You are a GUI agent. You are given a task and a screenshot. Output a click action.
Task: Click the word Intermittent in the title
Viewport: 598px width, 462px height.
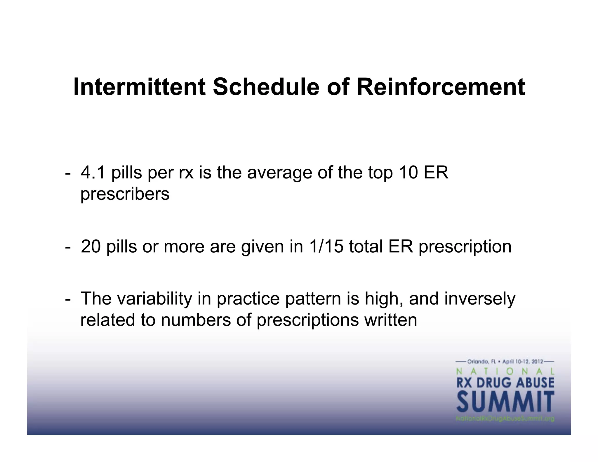tap(139, 87)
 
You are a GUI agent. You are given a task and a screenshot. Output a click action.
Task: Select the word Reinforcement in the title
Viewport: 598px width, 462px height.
tap(441, 87)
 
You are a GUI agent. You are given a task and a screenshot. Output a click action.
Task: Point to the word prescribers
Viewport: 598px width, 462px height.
tap(125, 194)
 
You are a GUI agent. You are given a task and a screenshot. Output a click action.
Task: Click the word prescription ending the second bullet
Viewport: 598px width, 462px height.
tap(465, 247)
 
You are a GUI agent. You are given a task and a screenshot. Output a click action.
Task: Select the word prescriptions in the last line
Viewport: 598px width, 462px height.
tap(307, 320)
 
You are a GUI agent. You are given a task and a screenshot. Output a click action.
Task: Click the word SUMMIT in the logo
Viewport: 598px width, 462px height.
tap(505, 402)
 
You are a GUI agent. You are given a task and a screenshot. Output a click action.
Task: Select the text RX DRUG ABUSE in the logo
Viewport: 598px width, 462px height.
tap(505, 382)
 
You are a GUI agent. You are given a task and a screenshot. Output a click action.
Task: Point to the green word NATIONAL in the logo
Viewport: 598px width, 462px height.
tap(505, 371)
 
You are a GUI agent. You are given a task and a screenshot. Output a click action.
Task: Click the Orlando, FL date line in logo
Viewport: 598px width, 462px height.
tap(505, 362)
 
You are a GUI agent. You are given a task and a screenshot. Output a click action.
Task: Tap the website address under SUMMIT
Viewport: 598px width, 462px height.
tap(505, 419)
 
